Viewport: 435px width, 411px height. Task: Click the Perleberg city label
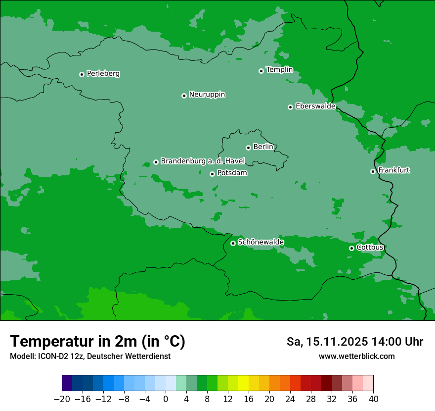click(x=103, y=74)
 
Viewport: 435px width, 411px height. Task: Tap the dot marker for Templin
click(x=261, y=71)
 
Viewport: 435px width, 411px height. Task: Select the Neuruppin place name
click(x=207, y=95)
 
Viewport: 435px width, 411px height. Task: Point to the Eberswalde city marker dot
click(x=290, y=107)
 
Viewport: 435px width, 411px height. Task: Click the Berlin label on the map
click(x=263, y=147)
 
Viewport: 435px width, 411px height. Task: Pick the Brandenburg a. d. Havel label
click(x=203, y=161)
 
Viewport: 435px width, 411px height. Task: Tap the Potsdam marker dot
click(x=212, y=174)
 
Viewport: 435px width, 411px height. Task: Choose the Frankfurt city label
click(x=393, y=170)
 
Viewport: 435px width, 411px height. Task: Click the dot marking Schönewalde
click(x=233, y=243)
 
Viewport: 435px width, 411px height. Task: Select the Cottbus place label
click(x=370, y=248)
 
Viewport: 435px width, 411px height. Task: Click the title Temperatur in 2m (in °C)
click(x=97, y=342)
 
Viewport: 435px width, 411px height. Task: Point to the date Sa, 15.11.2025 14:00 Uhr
click(x=354, y=342)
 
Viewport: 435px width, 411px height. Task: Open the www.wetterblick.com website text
click(x=356, y=356)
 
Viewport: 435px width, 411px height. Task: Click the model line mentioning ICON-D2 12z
click(x=90, y=356)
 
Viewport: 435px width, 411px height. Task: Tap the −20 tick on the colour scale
click(x=62, y=399)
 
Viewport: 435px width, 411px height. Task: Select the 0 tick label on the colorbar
click(x=166, y=399)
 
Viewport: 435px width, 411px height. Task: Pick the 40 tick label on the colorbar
click(x=373, y=399)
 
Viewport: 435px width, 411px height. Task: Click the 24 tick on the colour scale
click(x=290, y=399)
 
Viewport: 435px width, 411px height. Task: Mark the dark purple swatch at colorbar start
click(x=67, y=383)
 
